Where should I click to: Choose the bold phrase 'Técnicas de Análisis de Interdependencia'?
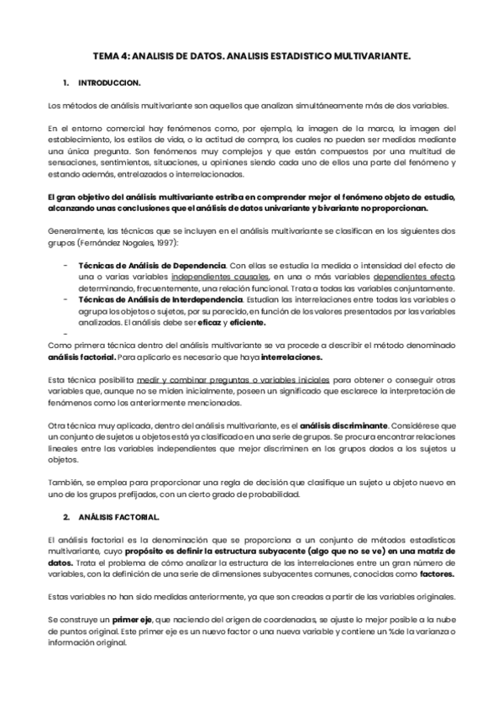pos(163,298)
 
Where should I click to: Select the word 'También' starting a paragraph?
pos(65,483)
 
